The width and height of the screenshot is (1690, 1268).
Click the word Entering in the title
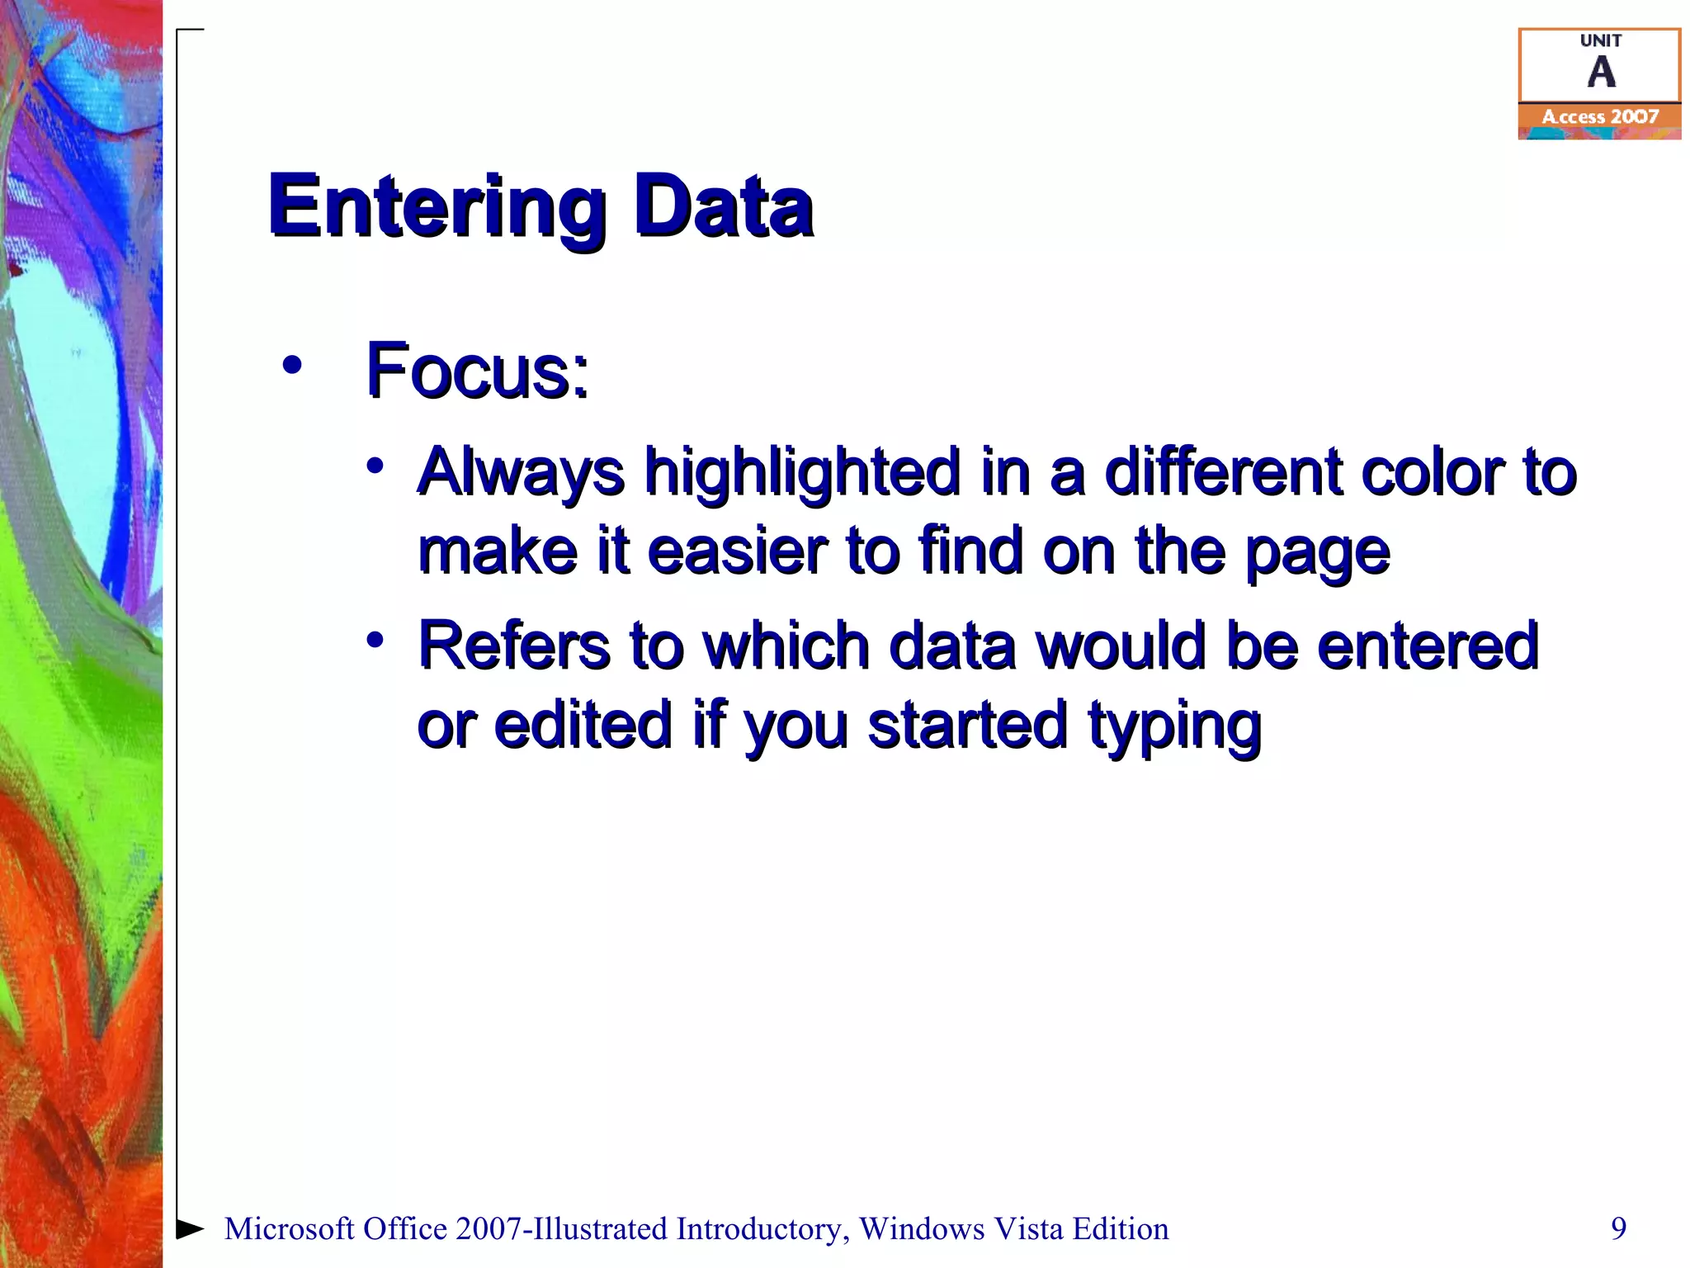(437, 207)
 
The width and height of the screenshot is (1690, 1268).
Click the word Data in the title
(723, 207)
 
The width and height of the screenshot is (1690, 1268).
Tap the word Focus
(477, 371)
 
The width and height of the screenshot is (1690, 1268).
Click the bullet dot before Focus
(291, 364)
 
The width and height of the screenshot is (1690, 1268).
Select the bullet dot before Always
(375, 466)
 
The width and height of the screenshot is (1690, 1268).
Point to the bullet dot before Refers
(375, 640)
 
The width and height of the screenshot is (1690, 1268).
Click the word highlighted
(802, 473)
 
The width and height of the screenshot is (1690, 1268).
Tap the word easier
(737, 551)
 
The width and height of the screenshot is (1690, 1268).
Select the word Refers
(514, 646)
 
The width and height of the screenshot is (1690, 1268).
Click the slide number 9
(1618, 1228)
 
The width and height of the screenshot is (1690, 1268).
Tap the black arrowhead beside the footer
(190, 1228)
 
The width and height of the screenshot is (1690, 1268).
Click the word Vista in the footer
(1027, 1228)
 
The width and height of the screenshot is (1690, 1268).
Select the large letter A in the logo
(1601, 73)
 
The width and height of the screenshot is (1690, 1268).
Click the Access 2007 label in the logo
(1600, 117)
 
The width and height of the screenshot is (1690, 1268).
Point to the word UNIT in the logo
(1601, 40)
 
